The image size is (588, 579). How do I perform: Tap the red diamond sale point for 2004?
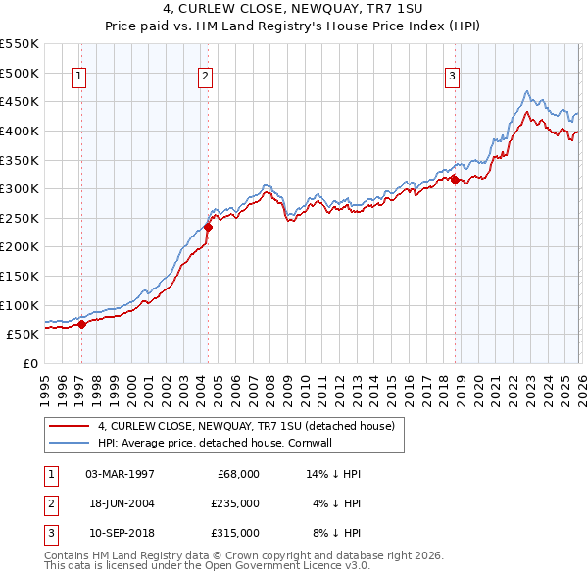(x=208, y=227)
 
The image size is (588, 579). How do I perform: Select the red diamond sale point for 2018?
(x=455, y=180)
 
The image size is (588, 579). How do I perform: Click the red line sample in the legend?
(x=70, y=426)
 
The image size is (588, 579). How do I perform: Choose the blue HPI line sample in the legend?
(x=70, y=443)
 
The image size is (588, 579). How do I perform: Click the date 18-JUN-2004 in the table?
(x=120, y=503)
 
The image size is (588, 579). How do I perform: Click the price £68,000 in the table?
(x=237, y=474)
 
